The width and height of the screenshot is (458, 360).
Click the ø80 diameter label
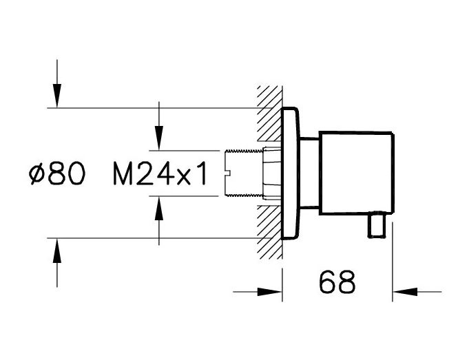pos(57,173)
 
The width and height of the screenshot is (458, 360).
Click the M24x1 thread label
pos(160,173)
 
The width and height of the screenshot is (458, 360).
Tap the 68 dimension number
pos(337,282)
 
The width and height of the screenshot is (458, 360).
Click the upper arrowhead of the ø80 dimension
pos(57,96)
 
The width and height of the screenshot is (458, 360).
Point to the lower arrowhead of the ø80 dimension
pos(57,251)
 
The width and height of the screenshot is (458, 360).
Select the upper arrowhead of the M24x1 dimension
pos(159,138)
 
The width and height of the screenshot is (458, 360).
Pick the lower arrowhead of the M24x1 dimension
pos(159,208)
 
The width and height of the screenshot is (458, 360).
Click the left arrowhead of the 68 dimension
pos(269,291)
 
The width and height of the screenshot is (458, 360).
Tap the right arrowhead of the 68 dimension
pos(405,291)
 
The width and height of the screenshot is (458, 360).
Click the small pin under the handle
pos(377,225)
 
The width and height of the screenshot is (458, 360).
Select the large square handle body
pos(356,173)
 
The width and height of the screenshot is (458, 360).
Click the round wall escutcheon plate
pos(291,173)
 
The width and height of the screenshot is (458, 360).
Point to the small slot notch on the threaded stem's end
pos(228,173)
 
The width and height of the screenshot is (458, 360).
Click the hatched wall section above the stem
pos(269,118)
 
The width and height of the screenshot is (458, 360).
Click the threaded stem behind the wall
pos(244,173)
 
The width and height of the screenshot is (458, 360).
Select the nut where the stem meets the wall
pos(271,173)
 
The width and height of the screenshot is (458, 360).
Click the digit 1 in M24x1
pos(201,173)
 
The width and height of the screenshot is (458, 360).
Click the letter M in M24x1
pos(123,173)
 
